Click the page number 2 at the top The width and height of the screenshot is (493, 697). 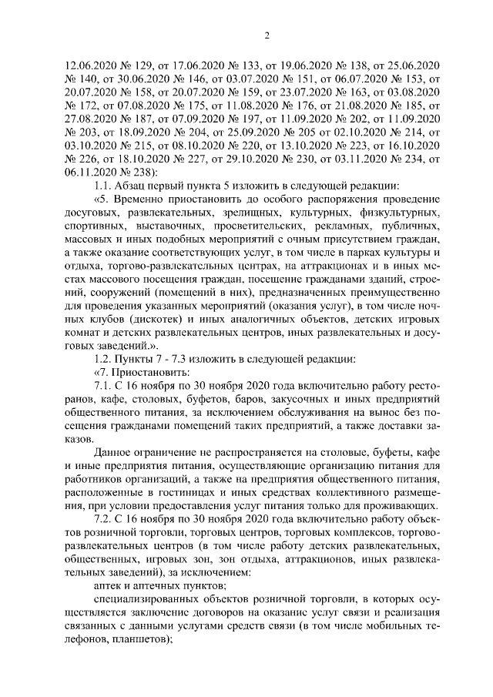pyautogui.click(x=266, y=35)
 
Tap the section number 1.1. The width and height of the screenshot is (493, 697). pyautogui.click(x=103, y=189)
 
